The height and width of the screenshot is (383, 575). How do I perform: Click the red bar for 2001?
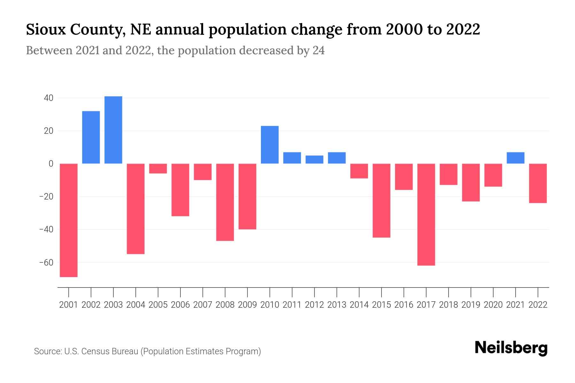click(69, 220)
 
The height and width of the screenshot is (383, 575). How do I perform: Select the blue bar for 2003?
click(113, 130)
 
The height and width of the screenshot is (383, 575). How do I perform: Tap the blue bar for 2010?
click(270, 145)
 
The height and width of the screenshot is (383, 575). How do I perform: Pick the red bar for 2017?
click(426, 214)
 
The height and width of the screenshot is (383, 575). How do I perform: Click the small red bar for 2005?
click(158, 169)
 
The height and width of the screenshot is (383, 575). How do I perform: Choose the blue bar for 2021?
click(515, 158)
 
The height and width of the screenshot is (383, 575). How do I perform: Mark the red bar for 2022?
click(538, 183)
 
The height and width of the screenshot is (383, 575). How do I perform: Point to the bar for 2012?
click(314, 160)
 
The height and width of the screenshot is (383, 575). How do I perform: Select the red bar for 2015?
click(381, 200)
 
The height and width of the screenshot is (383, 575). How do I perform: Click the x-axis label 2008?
click(225, 305)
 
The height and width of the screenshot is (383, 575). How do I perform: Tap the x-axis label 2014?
click(359, 305)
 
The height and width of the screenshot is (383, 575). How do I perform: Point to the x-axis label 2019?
click(471, 305)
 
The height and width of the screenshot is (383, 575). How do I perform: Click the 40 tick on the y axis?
click(49, 98)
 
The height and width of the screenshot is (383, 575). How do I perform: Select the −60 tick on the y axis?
click(46, 263)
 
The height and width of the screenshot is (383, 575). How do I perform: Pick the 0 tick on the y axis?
click(51, 164)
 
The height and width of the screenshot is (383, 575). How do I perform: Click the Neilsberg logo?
click(511, 348)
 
